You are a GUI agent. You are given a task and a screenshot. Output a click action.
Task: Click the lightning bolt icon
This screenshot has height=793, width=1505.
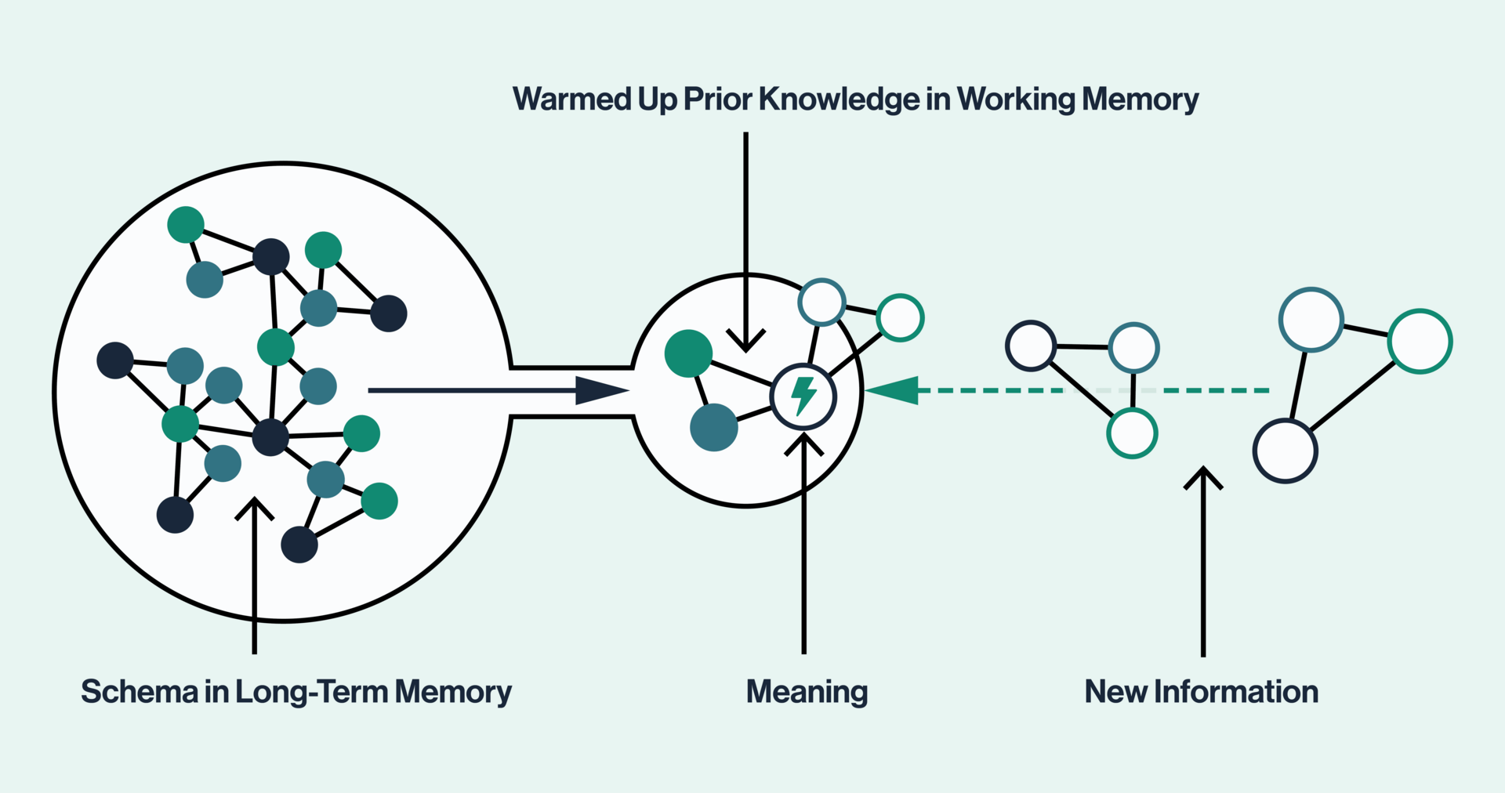[x=803, y=396]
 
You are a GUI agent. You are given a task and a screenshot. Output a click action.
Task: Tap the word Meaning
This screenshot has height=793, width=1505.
[x=807, y=692]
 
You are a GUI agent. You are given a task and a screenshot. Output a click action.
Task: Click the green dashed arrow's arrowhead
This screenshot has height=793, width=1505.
[x=894, y=389]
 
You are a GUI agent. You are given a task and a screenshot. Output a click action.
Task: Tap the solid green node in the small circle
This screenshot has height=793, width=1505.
[x=688, y=353]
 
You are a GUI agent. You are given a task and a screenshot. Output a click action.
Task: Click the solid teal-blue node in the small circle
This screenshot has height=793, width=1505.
[x=713, y=427]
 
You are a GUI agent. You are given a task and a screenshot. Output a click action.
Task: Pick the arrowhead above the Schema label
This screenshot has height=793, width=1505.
[x=254, y=505]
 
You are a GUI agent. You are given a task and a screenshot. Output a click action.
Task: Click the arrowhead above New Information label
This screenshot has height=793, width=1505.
[x=1203, y=476]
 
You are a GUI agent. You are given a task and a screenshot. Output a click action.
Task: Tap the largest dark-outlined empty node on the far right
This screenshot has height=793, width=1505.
[x=1285, y=451]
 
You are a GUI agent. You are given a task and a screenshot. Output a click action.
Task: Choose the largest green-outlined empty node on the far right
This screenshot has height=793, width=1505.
[x=1420, y=341]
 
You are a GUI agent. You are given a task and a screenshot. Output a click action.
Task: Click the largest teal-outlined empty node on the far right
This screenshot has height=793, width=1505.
[x=1311, y=320]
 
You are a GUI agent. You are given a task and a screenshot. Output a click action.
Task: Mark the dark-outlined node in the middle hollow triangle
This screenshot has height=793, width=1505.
[x=1031, y=346]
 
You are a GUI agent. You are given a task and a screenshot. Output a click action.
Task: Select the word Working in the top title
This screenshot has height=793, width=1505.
[x=1016, y=100]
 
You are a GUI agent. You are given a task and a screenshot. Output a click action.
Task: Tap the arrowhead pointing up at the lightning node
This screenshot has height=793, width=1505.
[x=803, y=443]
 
